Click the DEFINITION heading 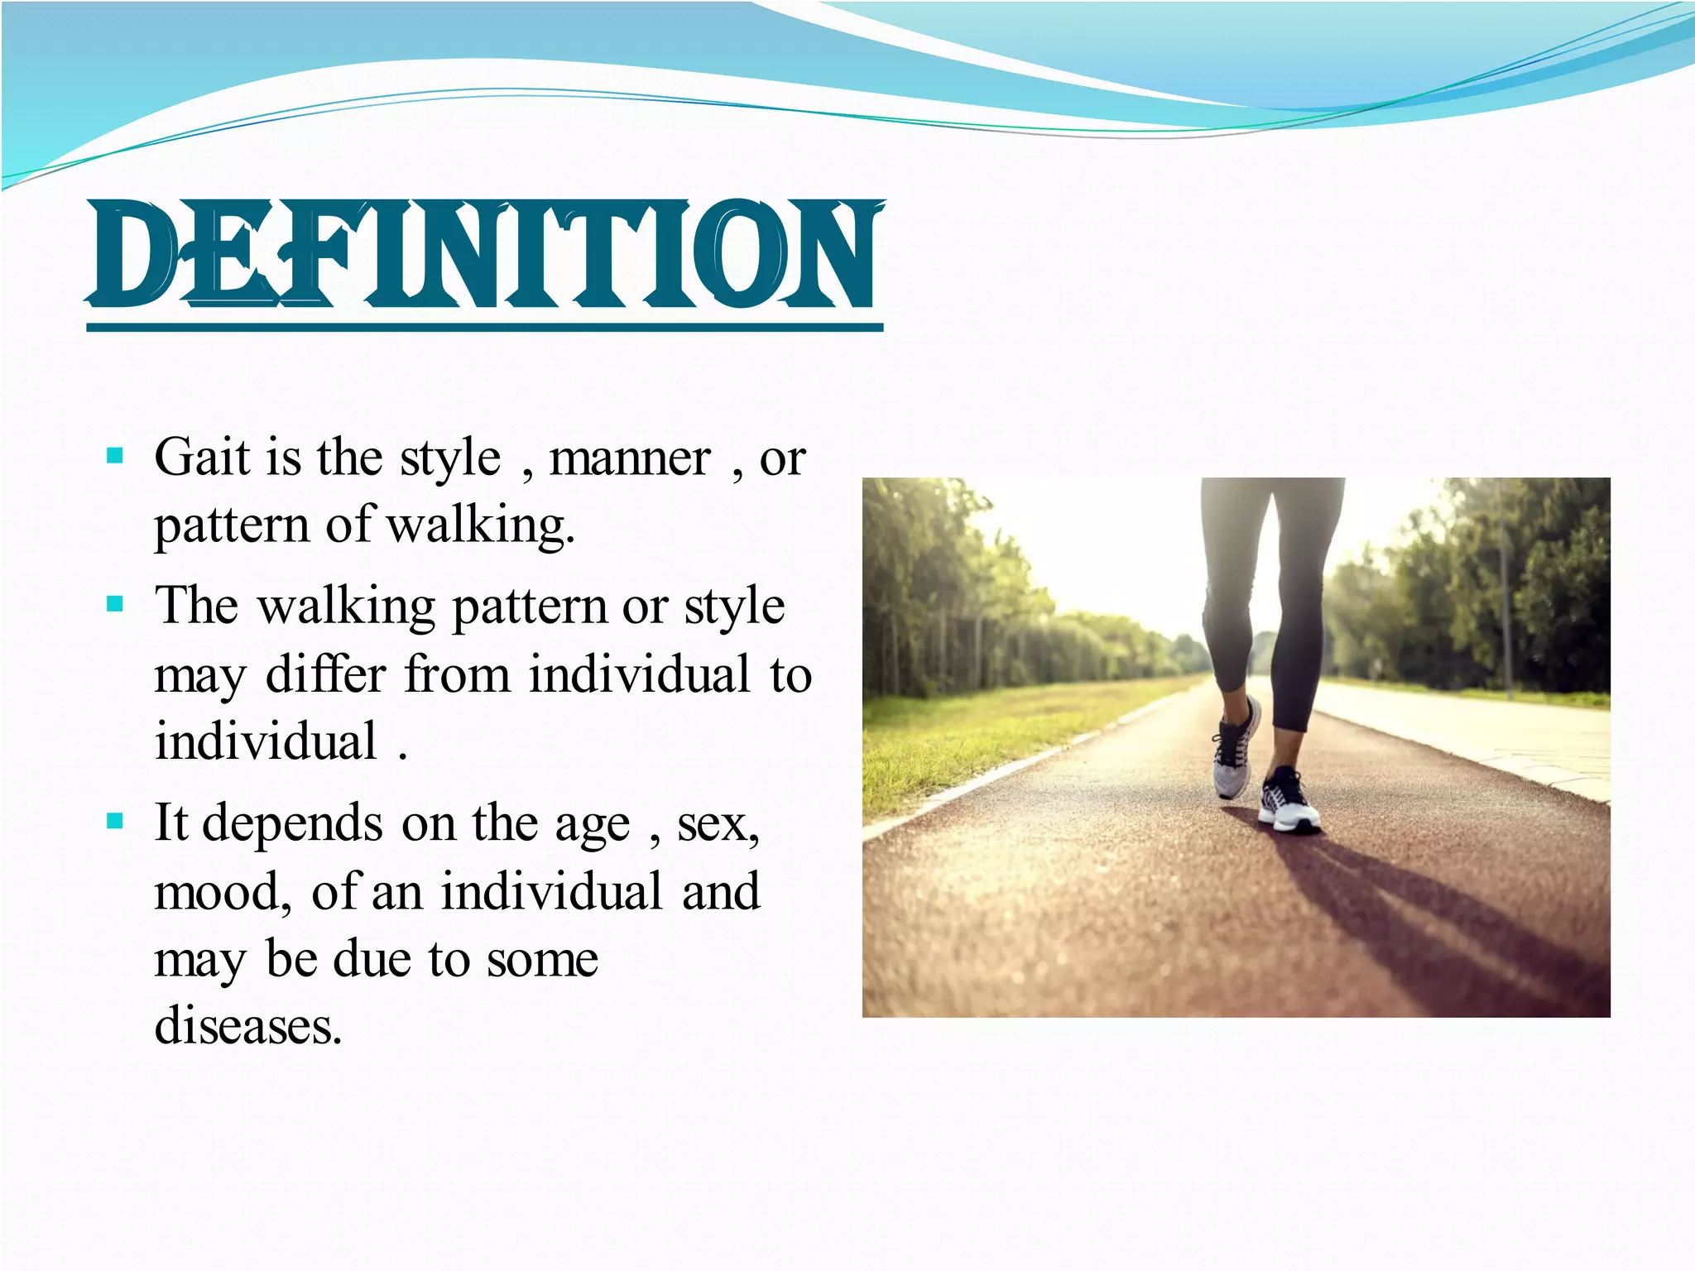pos(485,255)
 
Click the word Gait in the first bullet pos(202,458)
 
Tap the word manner pos(630,459)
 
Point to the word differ pos(326,674)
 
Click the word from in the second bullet pos(457,674)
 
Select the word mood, pos(223,893)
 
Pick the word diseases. pos(248,1026)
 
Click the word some pos(542,960)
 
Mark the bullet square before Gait pos(115,456)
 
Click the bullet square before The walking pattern pos(115,604)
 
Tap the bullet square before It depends pos(115,822)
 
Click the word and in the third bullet pos(721,892)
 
